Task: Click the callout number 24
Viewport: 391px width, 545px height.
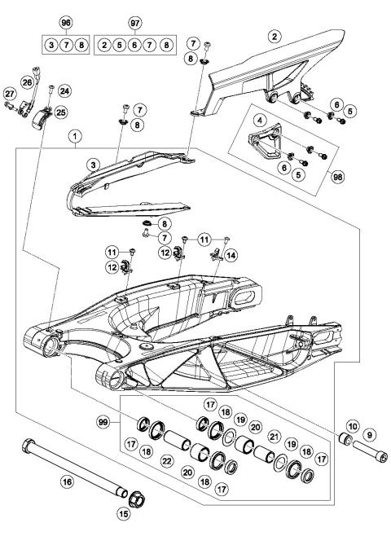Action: [64, 91]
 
